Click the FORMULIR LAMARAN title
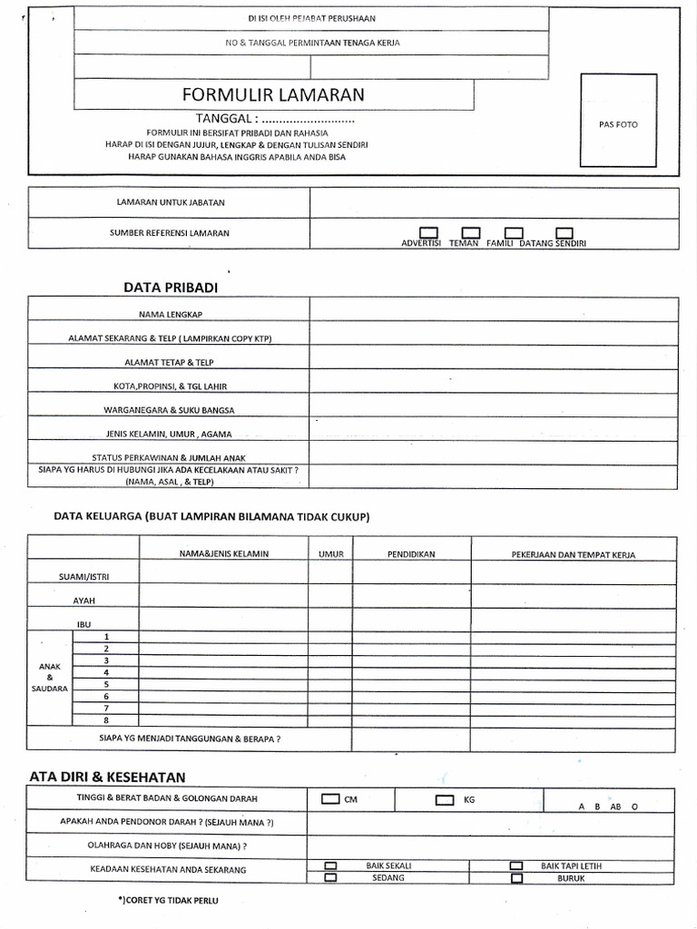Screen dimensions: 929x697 click(273, 94)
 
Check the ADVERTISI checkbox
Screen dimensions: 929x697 click(428, 233)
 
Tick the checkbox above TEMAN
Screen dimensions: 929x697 click(470, 233)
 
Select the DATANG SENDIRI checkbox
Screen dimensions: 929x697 click(564, 233)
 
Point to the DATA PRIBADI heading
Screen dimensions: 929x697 click(171, 288)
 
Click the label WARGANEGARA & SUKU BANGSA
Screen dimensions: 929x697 click(170, 410)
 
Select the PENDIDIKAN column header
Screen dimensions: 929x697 click(411, 553)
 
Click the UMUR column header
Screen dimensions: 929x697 click(329, 553)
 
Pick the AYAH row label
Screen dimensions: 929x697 click(84, 601)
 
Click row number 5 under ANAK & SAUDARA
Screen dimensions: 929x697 click(106, 684)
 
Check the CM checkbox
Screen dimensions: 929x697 click(330, 799)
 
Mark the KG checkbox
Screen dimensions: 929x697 click(445, 800)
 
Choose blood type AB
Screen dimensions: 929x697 click(616, 807)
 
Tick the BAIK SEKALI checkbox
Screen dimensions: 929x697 click(330, 865)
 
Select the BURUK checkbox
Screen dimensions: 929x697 click(516, 878)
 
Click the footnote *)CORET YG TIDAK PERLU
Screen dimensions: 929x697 click(168, 900)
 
